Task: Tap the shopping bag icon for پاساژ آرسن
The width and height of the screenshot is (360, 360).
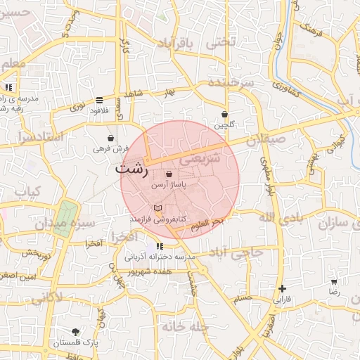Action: [x=169, y=174]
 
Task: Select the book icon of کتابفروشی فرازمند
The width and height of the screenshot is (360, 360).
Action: [x=157, y=208]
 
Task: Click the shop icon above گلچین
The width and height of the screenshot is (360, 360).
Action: [x=224, y=114]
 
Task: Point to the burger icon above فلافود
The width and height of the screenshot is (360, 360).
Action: [x=98, y=100]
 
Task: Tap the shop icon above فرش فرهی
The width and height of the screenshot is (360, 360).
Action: [x=111, y=138]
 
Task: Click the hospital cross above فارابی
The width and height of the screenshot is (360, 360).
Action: [x=282, y=288]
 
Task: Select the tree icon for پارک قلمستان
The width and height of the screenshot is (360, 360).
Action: [x=75, y=331]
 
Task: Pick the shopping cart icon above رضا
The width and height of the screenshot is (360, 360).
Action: [x=334, y=281]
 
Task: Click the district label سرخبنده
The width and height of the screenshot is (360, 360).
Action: [x=230, y=84]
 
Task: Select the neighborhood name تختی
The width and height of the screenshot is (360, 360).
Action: [x=221, y=42]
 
